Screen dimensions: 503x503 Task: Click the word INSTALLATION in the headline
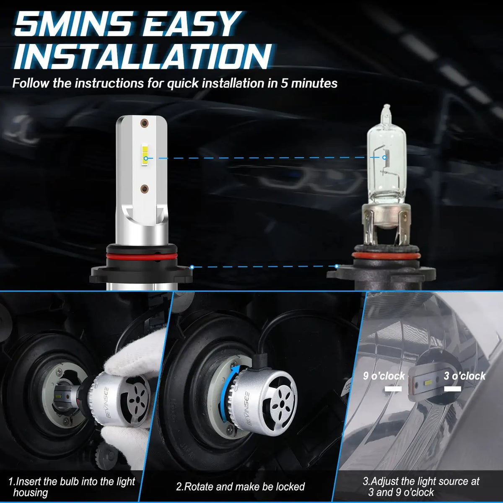tap(142, 56)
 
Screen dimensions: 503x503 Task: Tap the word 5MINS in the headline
tap(67, 24)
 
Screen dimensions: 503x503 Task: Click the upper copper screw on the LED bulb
tap(144, 123)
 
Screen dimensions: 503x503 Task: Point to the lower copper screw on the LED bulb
tap(144, 189)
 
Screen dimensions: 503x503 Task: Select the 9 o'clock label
tap(384, 376)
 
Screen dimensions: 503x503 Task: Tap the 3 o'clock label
tap(464, 376)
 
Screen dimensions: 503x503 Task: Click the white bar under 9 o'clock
tap(393, 389)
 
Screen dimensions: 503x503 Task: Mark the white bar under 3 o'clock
tap(453, 389)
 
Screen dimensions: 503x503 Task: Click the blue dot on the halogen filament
tap(384, 158)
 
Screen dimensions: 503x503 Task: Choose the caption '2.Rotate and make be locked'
tap(241, 487)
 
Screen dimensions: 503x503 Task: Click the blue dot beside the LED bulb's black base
tap(192, 267)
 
